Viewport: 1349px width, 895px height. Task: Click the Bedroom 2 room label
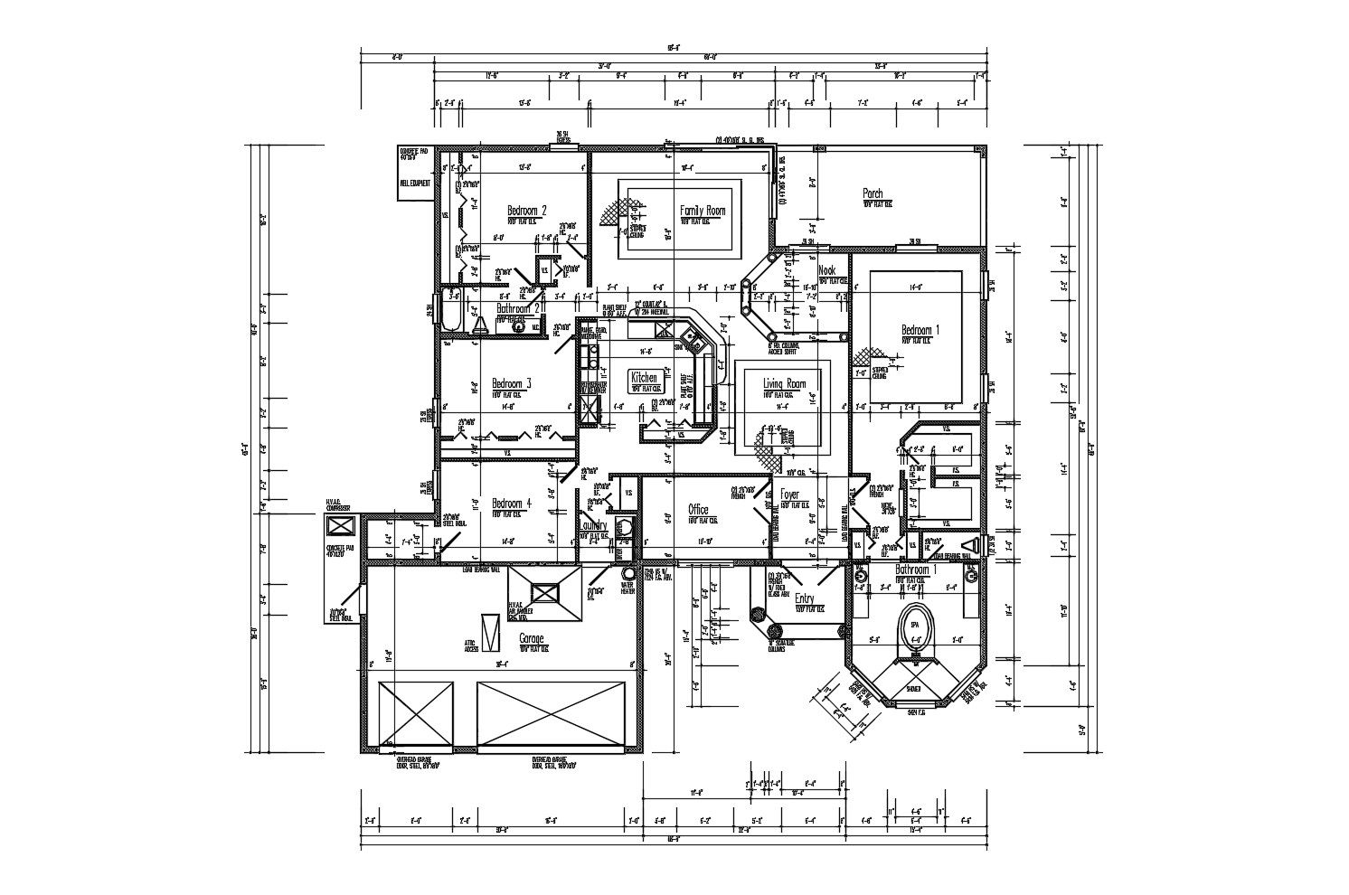click(x=527, y=210)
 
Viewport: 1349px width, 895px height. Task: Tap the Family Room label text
click(x=703, y=211)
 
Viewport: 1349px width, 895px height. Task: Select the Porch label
click(x=873, y=193)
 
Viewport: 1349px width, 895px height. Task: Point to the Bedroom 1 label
click(x=920, y=331)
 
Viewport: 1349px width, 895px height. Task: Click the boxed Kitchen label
click(x=644, y=378)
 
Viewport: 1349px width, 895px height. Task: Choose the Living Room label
click(x=784, y=384)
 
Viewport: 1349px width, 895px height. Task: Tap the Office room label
click(x=697, y=509)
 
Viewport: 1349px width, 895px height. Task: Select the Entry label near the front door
click(x=804, y=598)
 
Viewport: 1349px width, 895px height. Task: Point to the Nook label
click(x=826, y=270)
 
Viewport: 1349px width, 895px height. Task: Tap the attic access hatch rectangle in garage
click(x=490, y=631)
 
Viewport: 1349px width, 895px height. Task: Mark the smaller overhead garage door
click(x=415, y=714)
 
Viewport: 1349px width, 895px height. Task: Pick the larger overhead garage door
click(x=551, y=714)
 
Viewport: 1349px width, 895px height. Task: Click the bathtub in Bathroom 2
click(x=452, y=320)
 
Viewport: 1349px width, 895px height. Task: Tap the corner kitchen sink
click(x=689, y=339)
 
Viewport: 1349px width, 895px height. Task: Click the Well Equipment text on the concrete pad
click(x=414, y=184)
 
